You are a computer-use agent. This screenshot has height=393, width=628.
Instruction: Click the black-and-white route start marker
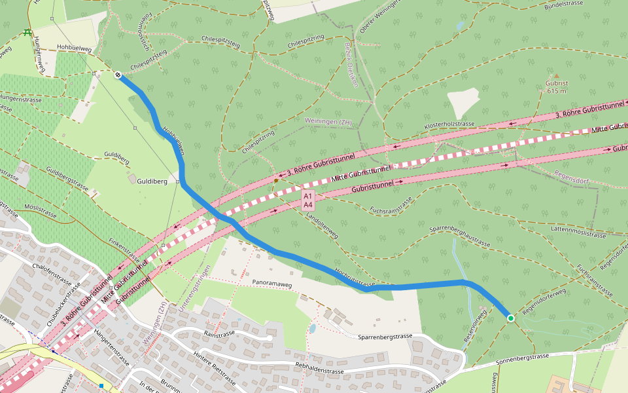tap(118, 75)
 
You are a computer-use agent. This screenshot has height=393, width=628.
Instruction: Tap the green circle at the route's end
tap(511, 318)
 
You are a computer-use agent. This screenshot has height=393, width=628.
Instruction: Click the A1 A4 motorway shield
tap(307, 200)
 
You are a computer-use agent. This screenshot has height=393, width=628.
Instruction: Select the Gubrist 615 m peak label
tap(557, 87)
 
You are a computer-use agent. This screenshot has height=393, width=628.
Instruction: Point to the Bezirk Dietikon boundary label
tap(351, 65)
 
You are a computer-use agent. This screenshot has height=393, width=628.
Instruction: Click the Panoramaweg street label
tap(271, 284)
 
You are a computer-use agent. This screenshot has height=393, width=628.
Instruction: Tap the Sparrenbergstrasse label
tap(385, 336)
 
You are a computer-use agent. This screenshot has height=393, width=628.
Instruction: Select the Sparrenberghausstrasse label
tap(460, 236)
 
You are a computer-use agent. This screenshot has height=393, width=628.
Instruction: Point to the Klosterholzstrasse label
tap(449, 124)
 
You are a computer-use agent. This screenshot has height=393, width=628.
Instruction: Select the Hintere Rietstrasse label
tap(214, 369)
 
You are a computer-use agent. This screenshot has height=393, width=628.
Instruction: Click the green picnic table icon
tap(27, 31)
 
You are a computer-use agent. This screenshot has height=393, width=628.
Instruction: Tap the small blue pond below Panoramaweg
tap(313, 328)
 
